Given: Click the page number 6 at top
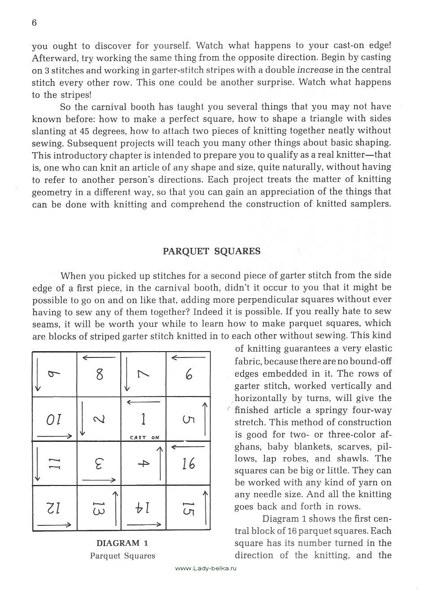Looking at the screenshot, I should pos(34,23).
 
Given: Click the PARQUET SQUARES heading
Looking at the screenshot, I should pos(211,251).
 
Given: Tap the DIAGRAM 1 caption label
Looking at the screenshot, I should pos(122,543).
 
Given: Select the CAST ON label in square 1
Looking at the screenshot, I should pos(144,437).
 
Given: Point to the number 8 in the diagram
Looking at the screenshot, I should pos(100,374).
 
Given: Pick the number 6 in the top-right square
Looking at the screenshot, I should pos(189,374).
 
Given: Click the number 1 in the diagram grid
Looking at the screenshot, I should pos(144,419).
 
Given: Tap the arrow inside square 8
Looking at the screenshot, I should pos(100,357).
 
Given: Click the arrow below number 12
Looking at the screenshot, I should pos(55,524).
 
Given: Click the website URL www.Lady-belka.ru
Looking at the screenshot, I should pos(205,569).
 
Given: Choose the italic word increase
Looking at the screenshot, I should pos(315,70).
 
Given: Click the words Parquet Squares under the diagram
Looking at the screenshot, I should pos(122,556).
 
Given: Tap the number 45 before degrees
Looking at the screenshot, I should pos(86,131).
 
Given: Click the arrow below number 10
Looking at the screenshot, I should pos(55,436).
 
